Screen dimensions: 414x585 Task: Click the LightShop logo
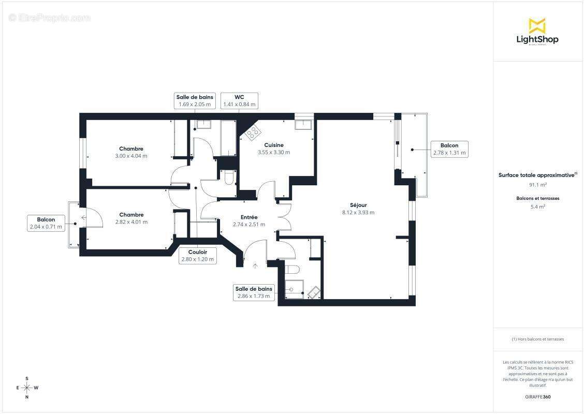click(537, 32)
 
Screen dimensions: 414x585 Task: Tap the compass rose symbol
click(27, 387)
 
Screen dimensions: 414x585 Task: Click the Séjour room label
click(358, 209)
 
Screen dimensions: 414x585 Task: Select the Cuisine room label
click(273, 149)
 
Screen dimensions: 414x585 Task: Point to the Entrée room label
click(249, 220)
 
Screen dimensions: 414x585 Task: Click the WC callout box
click(239, 100)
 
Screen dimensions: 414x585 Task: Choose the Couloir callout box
click(197, 256)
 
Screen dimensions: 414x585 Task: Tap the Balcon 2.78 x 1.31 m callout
click(449, 149)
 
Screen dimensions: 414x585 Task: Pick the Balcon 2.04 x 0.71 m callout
click(46, 223)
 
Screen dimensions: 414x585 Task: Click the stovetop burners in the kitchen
click(253, 134)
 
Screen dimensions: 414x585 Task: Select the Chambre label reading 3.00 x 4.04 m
click(131, 152)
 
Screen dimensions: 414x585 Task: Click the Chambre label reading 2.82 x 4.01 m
click(131, 218)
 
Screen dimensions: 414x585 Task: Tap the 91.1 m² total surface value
click(537, 185)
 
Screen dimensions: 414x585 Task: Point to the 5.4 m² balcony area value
click(537, 206)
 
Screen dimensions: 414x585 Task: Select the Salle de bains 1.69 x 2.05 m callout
click(194, 100)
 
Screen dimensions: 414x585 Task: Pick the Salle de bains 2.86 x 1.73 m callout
click(253, 292)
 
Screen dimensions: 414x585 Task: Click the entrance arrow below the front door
click(255, 266)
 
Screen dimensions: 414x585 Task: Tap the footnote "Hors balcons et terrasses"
click(537, 339)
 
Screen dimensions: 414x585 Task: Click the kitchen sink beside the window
click(303, 125)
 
